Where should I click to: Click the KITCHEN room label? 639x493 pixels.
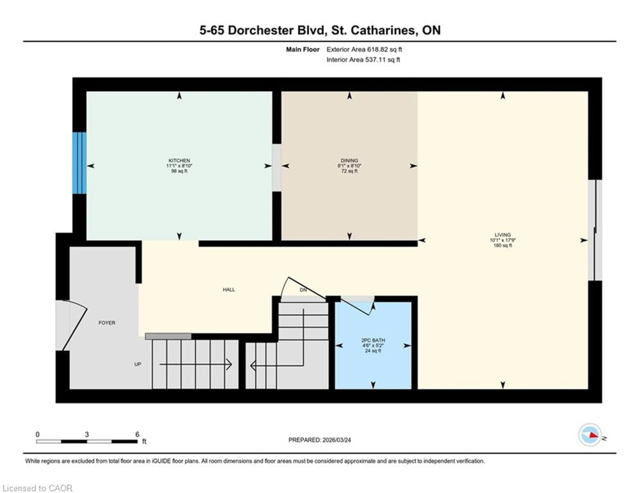(x=179, y=161)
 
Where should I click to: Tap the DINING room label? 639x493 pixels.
(x=349, y=161)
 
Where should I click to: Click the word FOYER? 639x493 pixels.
(x=107, y=323)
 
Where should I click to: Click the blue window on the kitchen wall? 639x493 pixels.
(x=79, y=163)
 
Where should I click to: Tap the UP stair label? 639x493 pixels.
(x=137, y=364)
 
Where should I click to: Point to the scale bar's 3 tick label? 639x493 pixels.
(x=87, y=434)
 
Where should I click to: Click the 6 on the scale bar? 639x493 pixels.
(x=137, y=434)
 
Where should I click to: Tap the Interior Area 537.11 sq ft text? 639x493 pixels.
(x=363, y=60)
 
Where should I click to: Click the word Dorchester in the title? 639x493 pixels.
(x=261, y=30)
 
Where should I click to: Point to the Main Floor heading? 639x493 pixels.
(x=303, y=49)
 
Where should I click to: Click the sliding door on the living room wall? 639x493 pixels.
(x=595, y=230)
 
